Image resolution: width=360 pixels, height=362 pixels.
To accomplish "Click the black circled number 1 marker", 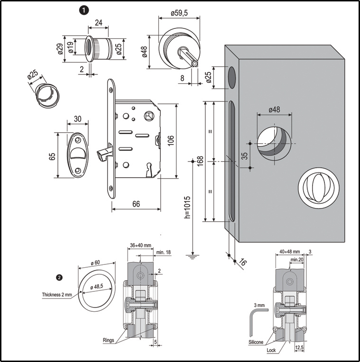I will [83, 9].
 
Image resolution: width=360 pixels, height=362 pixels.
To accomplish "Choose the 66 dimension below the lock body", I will [136, 204].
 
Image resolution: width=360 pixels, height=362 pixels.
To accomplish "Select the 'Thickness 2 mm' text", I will [56, 294].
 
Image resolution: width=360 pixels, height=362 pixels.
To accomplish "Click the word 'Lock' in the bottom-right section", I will [270, 351].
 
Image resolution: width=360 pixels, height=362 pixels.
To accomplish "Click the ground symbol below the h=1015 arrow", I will [192, 256].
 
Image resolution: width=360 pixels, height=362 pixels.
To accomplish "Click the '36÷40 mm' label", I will [141, 245].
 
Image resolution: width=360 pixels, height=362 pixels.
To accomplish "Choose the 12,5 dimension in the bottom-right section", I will [299, 347].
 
